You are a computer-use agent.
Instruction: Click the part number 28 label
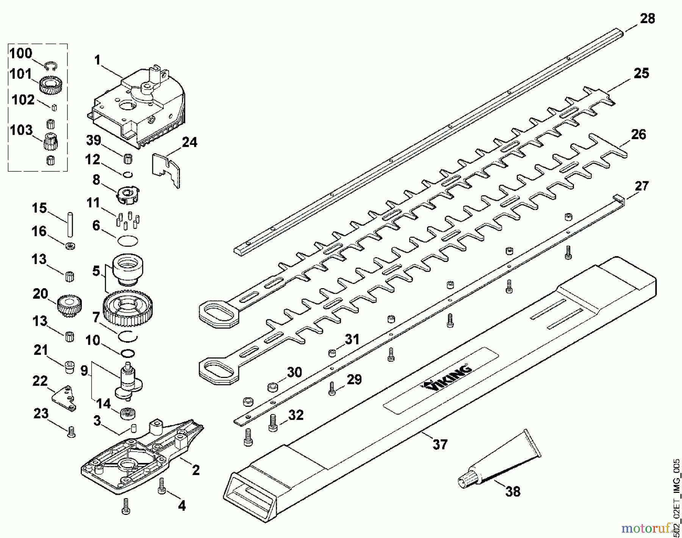pos(647,19)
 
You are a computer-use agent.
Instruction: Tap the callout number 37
pos(440,444)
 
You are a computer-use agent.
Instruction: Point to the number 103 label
pos(21,130)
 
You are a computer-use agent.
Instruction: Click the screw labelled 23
pos(71,432)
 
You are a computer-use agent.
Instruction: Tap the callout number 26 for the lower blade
pos(638,135)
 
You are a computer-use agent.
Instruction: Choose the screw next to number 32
pos(273,423)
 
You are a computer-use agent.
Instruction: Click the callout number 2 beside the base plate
pos(196,470)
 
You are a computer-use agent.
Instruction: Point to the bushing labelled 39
pos(128,158)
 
